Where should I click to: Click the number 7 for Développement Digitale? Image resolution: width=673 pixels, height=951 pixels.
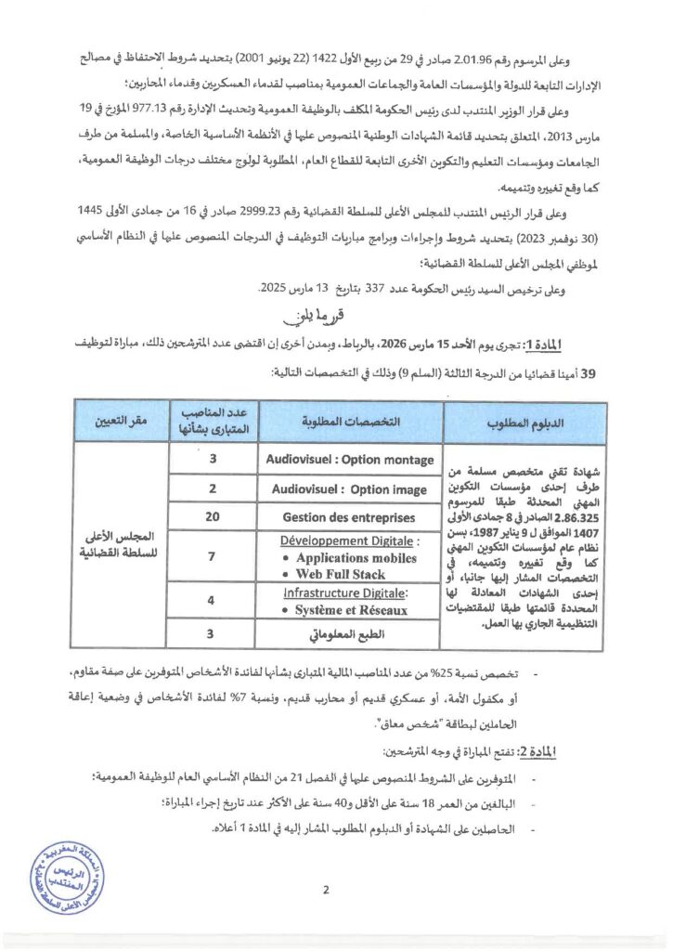(x=213, y=558)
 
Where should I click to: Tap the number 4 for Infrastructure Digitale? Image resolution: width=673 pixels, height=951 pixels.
(x=213, y=601)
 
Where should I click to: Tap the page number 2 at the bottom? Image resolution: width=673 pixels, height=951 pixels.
(x=326, y=890)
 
